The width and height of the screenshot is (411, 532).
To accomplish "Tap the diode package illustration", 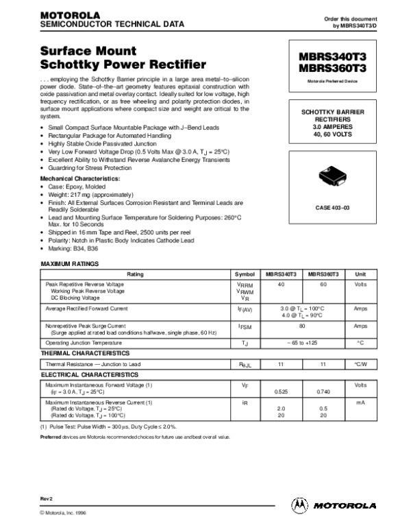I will tap(333, 176).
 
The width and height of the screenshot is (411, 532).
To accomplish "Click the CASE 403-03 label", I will tap(332, 206).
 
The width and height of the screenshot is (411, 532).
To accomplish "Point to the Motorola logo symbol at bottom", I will tap(300, 505).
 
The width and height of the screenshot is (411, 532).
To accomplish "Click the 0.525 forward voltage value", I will tap(280, 391).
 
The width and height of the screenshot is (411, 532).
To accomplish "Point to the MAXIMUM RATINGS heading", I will tap(70, 264).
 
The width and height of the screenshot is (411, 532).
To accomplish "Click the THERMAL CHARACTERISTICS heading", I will tap(84, 352).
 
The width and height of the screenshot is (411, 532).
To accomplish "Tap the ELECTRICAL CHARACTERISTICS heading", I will tap(87, 375).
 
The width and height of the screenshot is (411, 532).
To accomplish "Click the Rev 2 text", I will tap(47, 495).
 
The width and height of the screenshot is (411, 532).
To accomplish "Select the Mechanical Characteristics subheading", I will tap(80, 178).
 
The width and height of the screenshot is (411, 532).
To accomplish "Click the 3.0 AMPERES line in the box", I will tap(332, 127).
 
